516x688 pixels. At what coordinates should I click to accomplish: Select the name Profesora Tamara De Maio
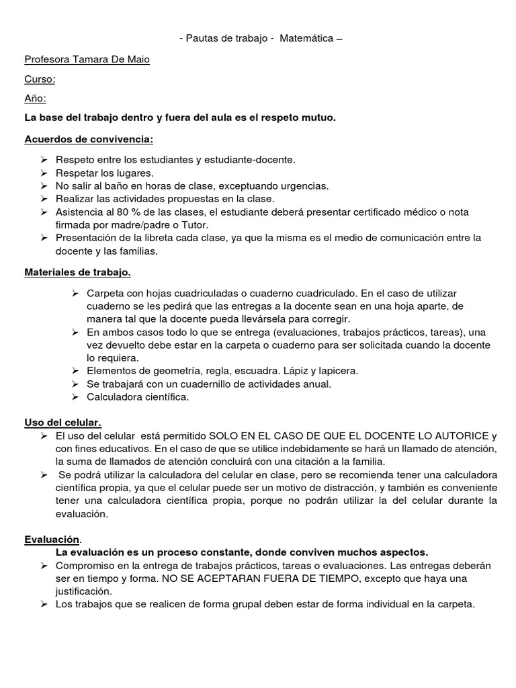[x=87, y=59]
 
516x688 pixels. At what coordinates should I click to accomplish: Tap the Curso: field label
[x=40, y=79]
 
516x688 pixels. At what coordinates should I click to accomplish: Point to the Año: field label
[x=36, y=99]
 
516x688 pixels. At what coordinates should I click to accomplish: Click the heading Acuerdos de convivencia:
[x=89, y=139]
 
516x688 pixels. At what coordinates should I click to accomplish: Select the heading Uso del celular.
[x=62, y=422]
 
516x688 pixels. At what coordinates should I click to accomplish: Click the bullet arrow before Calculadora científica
[x=75, y=397]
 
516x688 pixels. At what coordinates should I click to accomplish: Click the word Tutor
[x=195, y=224]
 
